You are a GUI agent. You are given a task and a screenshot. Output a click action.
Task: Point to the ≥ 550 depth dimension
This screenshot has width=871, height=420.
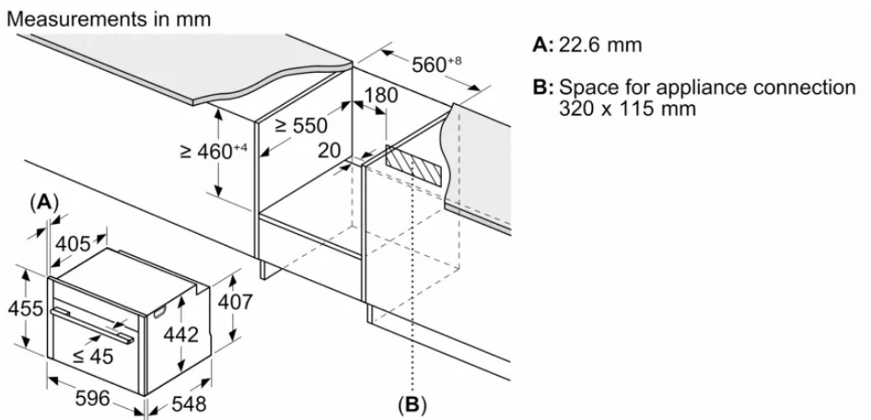coord(301,126)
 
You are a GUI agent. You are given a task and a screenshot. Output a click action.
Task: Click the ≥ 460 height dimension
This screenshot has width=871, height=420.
coord(211,150)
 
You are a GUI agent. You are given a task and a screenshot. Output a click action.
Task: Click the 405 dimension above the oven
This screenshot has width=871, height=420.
coord(75,244)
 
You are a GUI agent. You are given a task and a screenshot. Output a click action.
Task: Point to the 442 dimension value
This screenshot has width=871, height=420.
coord(180,335)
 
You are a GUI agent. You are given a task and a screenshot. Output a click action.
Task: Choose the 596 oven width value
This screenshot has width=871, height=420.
coord(91,398)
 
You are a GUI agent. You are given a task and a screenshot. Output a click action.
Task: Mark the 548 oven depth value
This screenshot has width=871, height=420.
coord(188,403)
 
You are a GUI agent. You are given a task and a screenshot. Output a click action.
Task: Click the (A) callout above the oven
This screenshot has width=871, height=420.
coord(44,201)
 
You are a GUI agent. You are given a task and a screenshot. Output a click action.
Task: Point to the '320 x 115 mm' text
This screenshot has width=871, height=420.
coord(627,108)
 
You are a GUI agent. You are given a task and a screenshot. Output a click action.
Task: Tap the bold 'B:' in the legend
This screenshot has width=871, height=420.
coord(543,87)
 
